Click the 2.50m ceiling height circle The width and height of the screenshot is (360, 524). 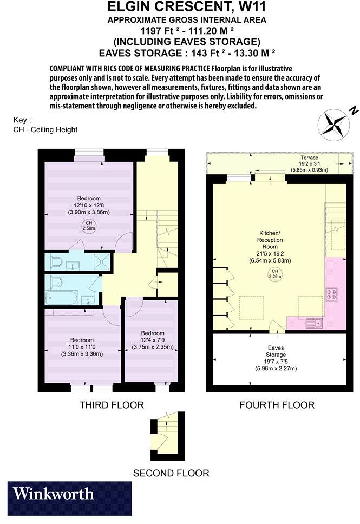[88, 226]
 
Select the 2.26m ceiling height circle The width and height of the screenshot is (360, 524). [275, 274]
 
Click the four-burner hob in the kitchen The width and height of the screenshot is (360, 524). [331, 294]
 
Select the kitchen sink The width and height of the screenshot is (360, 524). [315, 323]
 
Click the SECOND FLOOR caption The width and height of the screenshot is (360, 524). [171, 473]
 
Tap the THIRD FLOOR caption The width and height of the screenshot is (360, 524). [112, 405]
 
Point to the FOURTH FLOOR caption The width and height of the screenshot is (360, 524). [277, 405]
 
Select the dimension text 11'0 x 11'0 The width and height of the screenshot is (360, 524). [82, 346]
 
